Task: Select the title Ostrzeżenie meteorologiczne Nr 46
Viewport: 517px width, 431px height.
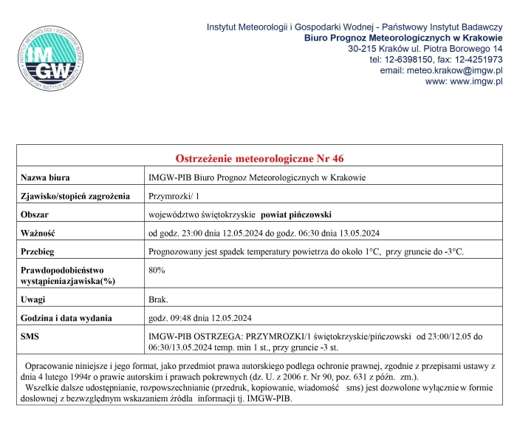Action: pos(259,159)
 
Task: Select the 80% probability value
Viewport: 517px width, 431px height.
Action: pos(157,271)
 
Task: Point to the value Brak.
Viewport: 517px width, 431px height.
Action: pos(159,299)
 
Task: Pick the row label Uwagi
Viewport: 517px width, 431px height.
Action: pos(34,299)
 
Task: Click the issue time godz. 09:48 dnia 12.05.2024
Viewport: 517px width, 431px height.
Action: pos(201,318)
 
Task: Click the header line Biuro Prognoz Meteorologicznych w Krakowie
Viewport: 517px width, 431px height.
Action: pos(403,37)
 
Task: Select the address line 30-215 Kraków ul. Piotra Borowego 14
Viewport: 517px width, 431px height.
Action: pos(425,48)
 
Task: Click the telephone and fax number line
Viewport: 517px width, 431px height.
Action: pos(436,59)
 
